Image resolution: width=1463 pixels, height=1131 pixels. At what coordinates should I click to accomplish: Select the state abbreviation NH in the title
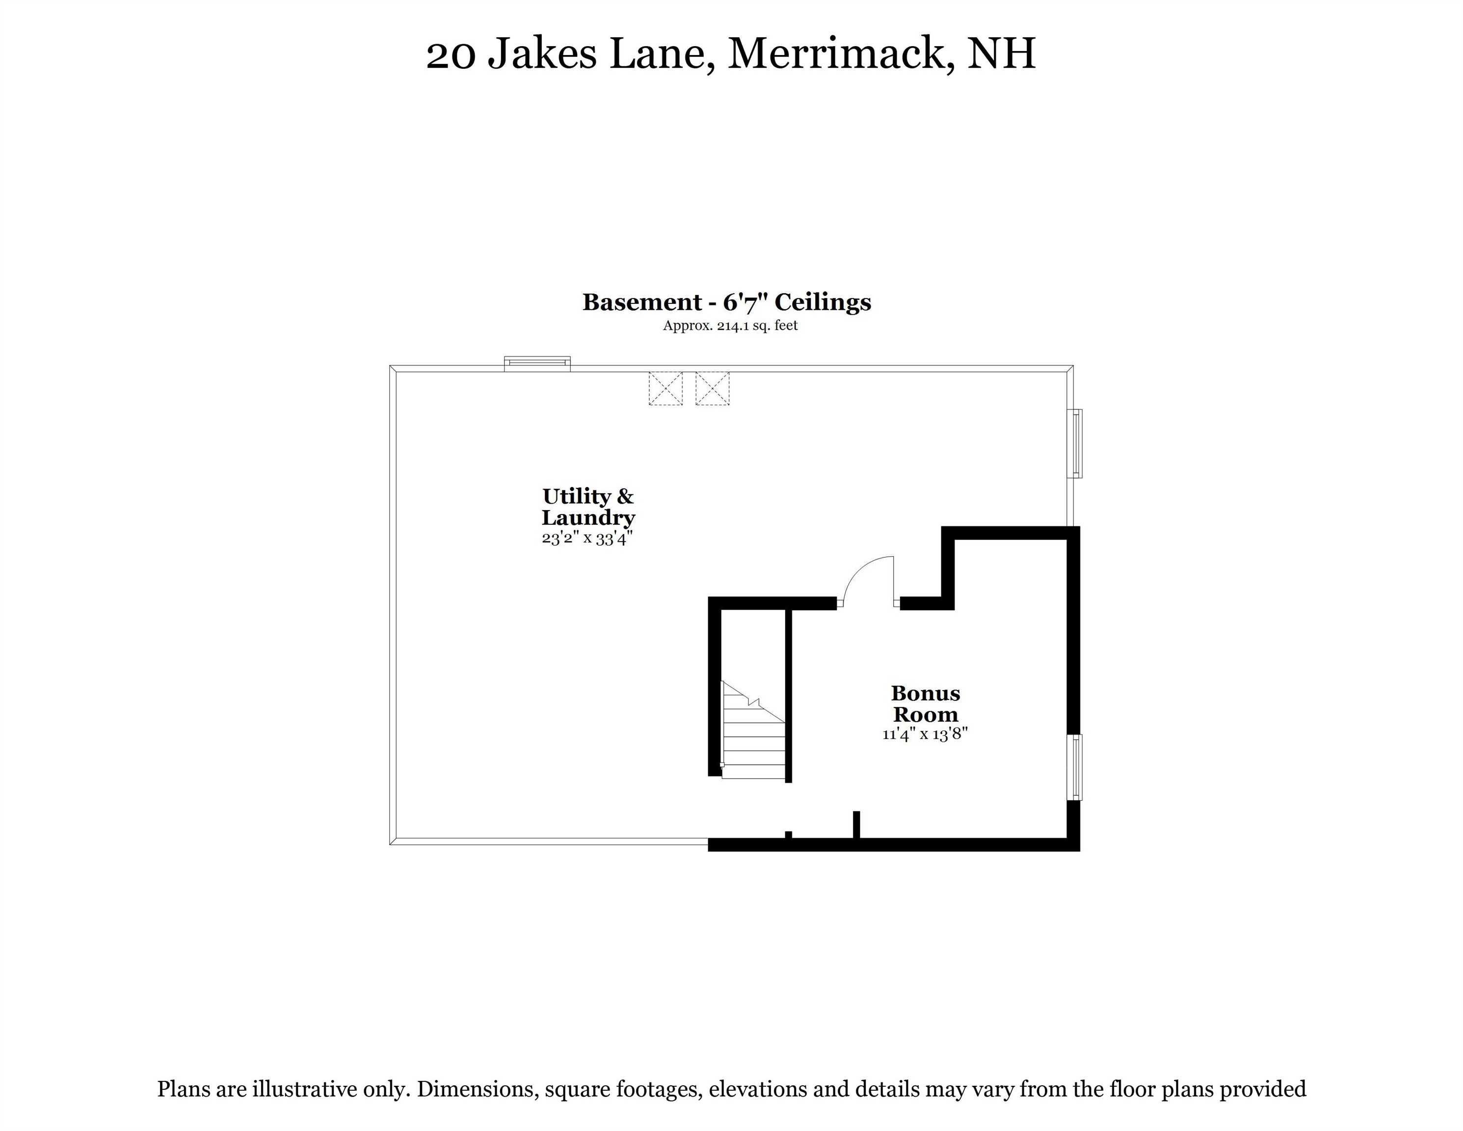[x=1002, y=54]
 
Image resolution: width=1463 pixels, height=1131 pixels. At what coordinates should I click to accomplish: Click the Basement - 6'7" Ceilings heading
[x=727, y=302]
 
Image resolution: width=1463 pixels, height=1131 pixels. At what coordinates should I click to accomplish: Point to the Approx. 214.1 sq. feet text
[x=730, y=325]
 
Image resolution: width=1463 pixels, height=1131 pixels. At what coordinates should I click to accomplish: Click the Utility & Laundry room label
[x=588, y=507]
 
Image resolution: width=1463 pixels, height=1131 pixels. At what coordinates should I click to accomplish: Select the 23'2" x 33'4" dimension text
[x=587, y=538]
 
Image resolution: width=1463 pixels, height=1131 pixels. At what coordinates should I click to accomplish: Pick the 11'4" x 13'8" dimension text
[x=925, y=734]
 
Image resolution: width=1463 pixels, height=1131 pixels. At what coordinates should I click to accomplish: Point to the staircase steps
[x=754, y=744]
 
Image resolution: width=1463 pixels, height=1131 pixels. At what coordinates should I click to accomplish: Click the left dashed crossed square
[x=665, y=389]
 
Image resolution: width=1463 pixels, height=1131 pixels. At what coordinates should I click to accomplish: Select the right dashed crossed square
[x=712, y=389]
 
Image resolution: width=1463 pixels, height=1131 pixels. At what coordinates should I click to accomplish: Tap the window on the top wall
[x=537, y=364]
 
